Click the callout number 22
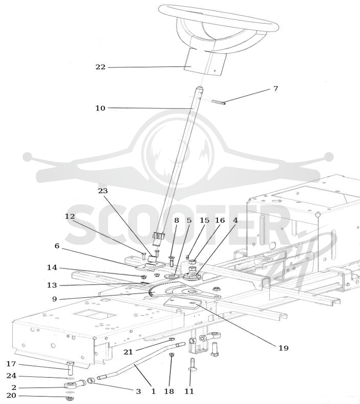coord(100,67)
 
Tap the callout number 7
coord(275,89)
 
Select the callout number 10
coord(100,108)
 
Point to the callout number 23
coord(103,191)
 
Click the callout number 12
coord(70,216)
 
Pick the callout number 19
coord(283,348)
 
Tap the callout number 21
coord(128,352)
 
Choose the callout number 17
coord(11,364)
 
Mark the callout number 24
coord(11,376)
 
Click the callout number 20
coord(11,395)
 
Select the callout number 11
coord(189,391)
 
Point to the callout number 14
coord(52,268)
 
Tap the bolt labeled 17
coord(70,368)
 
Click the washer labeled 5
coord(171,277)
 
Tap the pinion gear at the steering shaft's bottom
coord(159,236)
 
